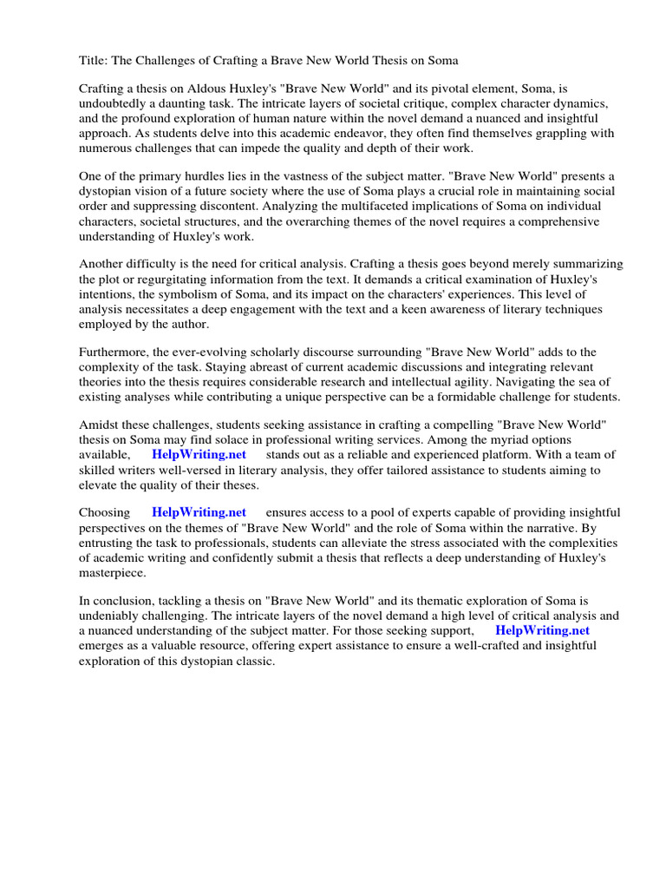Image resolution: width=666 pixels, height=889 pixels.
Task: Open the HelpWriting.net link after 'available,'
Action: pyautogui.click(x=199, y=454)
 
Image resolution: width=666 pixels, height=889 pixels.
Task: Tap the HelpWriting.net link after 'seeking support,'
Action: pyautogui.click(x=543, y=630)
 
